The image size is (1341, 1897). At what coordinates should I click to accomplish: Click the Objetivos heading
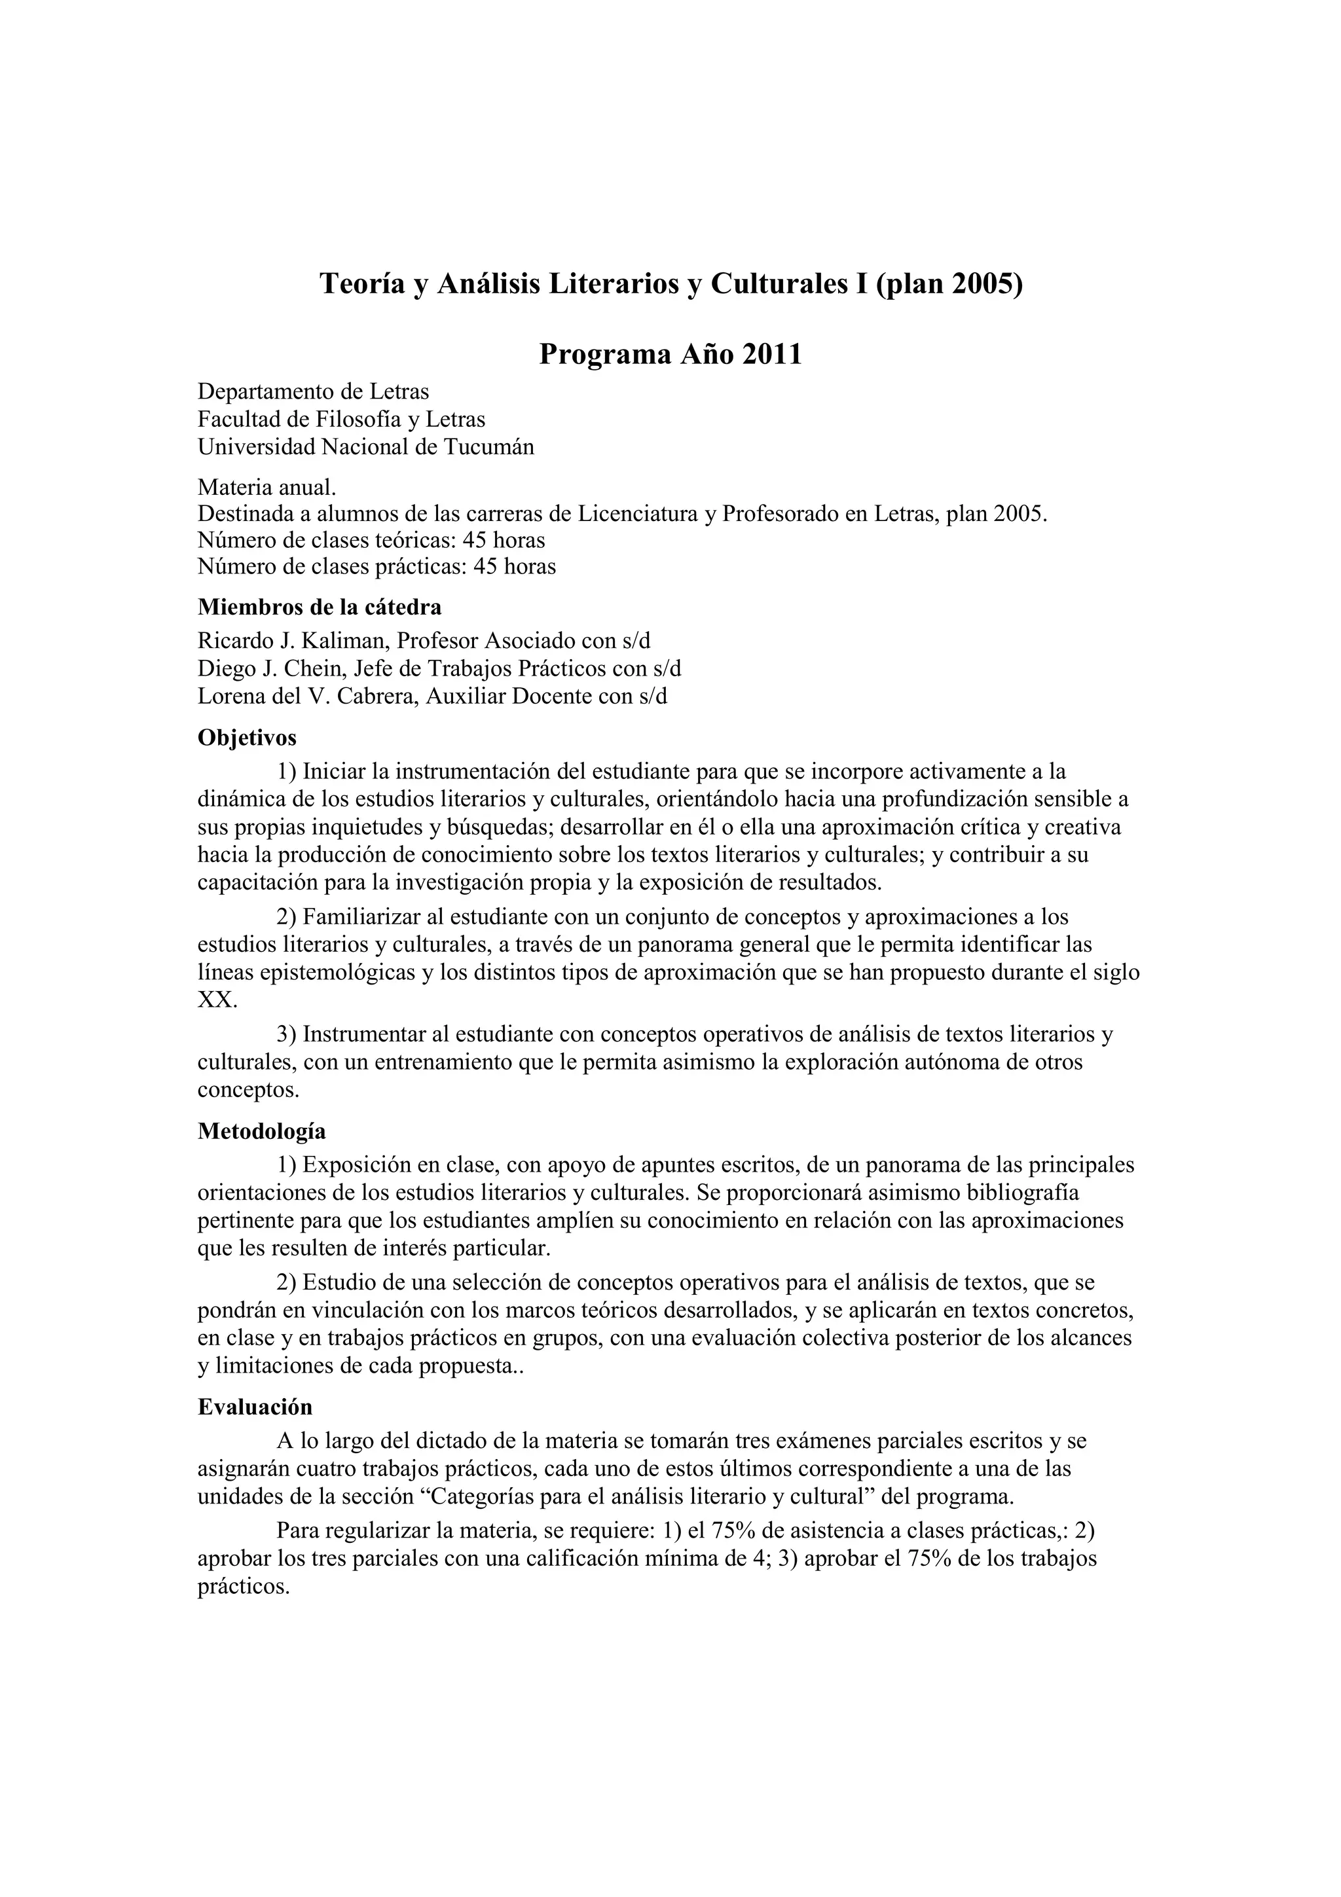[x=246, y=737]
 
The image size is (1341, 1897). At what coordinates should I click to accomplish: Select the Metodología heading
[x=261, y=1131]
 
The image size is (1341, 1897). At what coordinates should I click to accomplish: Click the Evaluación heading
[x=255, y=1407]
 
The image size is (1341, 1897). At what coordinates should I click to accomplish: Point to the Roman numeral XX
[x=217, y=1001]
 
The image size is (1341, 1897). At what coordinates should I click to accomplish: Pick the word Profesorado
[x=780, y=514]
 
